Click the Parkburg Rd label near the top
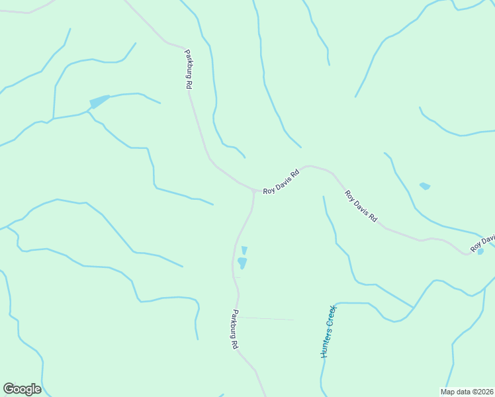tap(189, 69)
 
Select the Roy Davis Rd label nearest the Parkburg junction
tap(281, 181)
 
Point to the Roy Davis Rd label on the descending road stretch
tap(361, 206)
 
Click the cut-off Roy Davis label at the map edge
tap(482, 243)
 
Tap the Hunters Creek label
tap(328, 331)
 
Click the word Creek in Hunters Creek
tap(332, 316)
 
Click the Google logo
tap(22, 389)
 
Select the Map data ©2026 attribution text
tap(467, 391)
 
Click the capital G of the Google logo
tap(9, 389)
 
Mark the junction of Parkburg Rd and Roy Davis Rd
tap(253, 191)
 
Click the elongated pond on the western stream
tap(99, 101)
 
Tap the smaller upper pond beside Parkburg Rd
tap(244, 250)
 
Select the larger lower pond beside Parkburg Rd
tap(242, 263)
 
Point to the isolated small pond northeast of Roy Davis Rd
tap(425, 186)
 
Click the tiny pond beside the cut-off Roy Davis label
tap(480, 251)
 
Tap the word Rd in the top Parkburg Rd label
tap(189, 83)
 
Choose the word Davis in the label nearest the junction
tap(283, 181)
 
